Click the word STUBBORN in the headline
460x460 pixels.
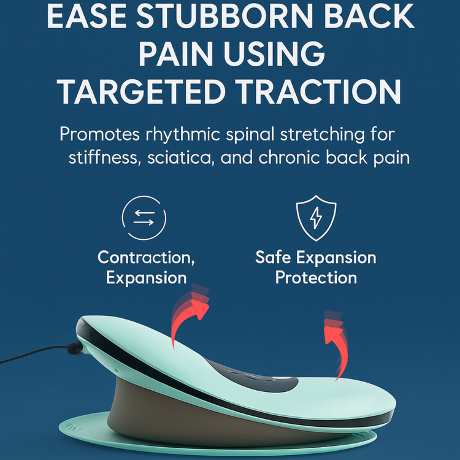pos(224,17)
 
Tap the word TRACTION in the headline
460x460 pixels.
pos(318,91)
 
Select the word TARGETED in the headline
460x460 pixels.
pos(141,91)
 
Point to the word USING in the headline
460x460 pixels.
pos(274,54)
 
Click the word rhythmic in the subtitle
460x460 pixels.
pos(183,135)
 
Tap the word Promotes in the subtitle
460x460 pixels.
pos(100,134)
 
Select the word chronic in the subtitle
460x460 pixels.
pos(289,157)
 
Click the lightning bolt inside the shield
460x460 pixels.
pos(316,218)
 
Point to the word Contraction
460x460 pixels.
pos(146,257)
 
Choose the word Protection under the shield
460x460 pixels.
pos(316,277)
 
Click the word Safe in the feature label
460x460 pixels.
pos(272,257)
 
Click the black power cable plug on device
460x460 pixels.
pos(75,348)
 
